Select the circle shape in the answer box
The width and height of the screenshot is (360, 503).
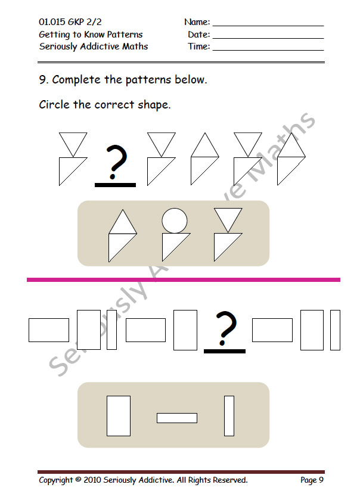(x=175, y=221)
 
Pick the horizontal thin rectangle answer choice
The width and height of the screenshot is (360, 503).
(x=177, y=418)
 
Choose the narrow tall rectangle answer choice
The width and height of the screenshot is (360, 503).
(x=229, y=416)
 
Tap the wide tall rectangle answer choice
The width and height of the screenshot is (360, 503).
(x=119, y=416)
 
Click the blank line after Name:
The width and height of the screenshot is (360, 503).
(x=268, y=26)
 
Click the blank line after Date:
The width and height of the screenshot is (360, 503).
(x=268, y=38)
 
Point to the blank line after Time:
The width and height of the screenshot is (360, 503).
(x=268, y=50)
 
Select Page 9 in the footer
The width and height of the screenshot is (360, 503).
(x=312, y=480)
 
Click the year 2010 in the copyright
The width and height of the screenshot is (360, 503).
(x=92, y=480)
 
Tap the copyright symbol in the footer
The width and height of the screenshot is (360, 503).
(x=78, y=480)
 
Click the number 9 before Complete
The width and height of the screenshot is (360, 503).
(x=43, y=79)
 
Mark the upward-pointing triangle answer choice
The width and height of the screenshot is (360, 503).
(x=123, y=236)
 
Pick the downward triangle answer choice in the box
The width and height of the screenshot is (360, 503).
(x=228, y=235)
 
